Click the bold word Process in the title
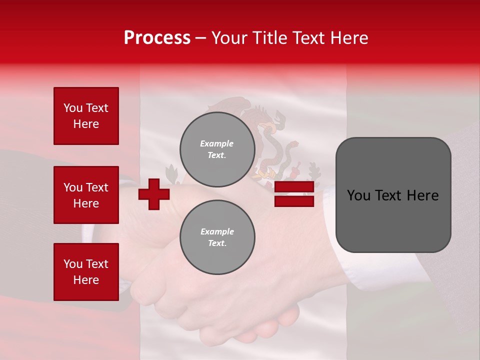pyautogui.click(x=157, y=38)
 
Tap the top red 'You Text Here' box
pyautogui.click(x=86, y=116)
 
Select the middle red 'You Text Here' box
pyautogui.click(x=86, y=195)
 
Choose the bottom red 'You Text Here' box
pyautogui.click(x=86, y=272)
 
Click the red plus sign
pyautogui.click(x=154, y=194)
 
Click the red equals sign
pyautogui.click(x=294, y=194)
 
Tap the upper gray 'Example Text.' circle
pyautogui.click(x=217, y=149)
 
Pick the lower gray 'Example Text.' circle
pyautogui.click(x=217, y=237)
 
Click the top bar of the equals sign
pyautogui.click(x=294, y=187)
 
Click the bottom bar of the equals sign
pyautogui.click(x=294, y=201)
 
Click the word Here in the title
pyautogui.click(x=349, y=38)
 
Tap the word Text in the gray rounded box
pyautogui.click(x=393, y=195)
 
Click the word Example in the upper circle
pyautogui.click(x=216, y=143)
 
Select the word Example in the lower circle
pyautogui.click(x=217, y=231)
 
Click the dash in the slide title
pyautogui.click(x=201, y=38)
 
